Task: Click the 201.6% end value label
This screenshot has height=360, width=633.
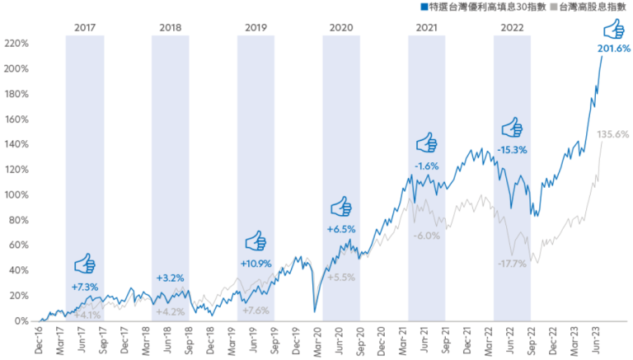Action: [613, 49]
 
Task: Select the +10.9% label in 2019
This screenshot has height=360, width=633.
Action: [256, 263]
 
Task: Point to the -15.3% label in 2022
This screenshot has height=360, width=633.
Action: [513, 150]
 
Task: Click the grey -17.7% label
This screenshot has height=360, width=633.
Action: [513, 264]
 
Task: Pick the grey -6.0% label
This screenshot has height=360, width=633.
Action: [426, 236]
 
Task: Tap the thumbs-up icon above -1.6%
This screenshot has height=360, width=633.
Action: [426, 144]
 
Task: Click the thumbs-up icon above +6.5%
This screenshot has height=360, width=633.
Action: [341, 207]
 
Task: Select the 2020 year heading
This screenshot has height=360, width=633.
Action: [341, 27]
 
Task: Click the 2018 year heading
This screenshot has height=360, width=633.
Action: [171, 27]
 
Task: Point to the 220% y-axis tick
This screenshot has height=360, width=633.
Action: [16, 43]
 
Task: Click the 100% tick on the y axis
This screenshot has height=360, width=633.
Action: [16, 194]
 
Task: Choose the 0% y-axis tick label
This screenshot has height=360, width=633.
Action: [20, 320]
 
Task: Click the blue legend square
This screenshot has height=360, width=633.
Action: [423, 7]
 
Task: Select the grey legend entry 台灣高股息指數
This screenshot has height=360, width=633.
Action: [592, 7]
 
